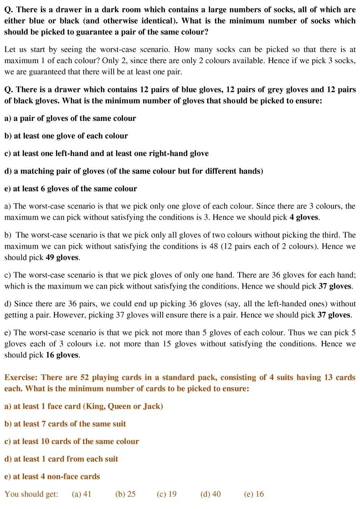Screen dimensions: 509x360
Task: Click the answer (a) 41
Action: pos(82,494)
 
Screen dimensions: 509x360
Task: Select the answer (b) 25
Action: pos(125,494)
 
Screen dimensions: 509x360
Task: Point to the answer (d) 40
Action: pos(210,494)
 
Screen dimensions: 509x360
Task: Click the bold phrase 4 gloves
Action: pos(304,217)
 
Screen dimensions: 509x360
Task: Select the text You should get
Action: pos(31,494)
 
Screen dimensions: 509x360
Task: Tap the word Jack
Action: pos(151,406)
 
